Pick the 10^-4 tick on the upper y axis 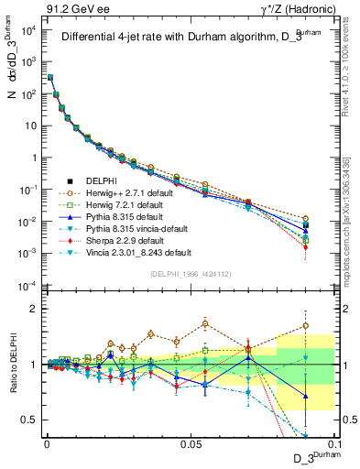[x=28, y=285]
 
